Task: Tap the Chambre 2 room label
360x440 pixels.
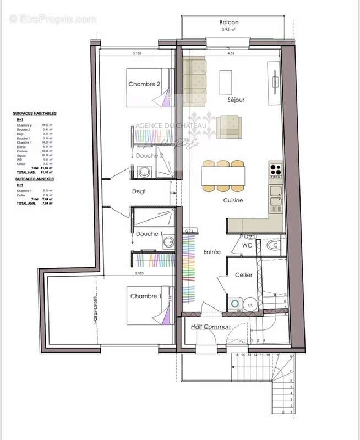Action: click(x=144, y=84)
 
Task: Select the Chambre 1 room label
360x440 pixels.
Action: click(x=146, y=296)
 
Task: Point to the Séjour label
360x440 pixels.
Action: click(x=236, y=100)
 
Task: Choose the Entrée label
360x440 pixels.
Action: click(x=211, y=252)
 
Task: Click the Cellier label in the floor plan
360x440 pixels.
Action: click(x=244, y=274)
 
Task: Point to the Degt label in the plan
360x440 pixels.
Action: click(x=138, y=191)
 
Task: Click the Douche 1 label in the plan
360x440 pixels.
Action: click(x=149, y=234)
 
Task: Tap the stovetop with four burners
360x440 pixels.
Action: click(x=275, y=170)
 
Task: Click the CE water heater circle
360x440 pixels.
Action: click(x=250, y=305)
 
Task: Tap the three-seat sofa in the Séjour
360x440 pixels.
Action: click(x=194, y=82)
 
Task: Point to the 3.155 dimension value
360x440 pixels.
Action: click(x=137, y=54)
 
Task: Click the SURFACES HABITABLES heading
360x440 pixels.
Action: click(x=34, y=113)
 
